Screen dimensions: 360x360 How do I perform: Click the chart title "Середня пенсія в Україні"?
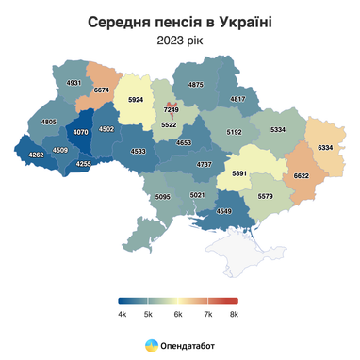(179, 21)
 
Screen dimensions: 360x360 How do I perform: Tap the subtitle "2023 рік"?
(179, 41)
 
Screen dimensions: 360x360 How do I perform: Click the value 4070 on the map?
(80, 133)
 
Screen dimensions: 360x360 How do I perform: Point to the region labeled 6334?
(326, 148)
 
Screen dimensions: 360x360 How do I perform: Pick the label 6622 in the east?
(302, 175)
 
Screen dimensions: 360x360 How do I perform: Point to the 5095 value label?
(162, 197)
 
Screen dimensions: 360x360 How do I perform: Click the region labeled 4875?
(195, 85)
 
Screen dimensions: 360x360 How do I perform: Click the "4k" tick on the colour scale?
(123, 313)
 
